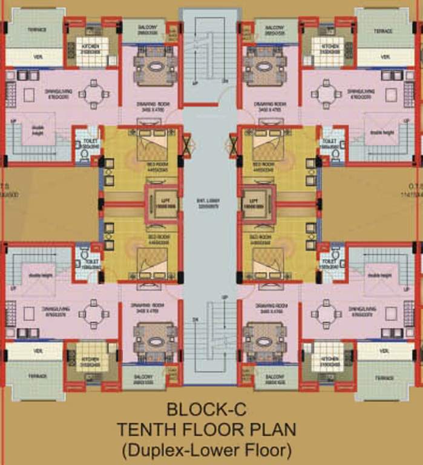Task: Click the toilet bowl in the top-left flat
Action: (84, 154)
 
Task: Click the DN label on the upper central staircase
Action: (225, 81)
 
